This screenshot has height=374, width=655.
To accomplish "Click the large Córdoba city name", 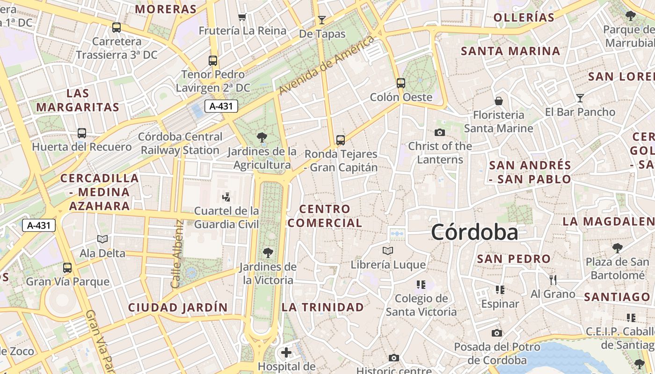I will click(x=474, y=232).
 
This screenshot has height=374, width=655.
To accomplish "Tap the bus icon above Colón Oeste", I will click(x=401, y=83).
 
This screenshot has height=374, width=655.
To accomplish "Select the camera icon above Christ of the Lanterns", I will click(x=440, y=132).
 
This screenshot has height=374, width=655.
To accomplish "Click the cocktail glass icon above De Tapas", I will click(x=322, y=20).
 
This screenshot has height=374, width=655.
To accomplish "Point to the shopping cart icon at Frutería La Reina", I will click(x=242, y=17).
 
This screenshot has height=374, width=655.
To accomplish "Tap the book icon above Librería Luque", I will click(x=388, y=251).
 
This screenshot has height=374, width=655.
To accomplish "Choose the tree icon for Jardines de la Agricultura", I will click(x=262, y=137).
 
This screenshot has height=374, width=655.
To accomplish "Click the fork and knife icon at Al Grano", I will click(x=553, y=280).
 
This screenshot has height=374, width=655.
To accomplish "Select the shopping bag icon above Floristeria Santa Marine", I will click(x=499, y=101).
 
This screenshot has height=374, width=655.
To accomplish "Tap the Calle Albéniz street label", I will click(x=176, y=253).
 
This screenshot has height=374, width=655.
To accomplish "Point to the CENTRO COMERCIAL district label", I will click(x=325, y=216).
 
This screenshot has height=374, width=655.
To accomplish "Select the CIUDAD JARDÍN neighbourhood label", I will click(x=178, y=308).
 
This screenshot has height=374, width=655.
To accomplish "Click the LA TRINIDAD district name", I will click(x=322, y=307).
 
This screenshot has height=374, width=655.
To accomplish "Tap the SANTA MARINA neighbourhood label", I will click(x=510, y=51).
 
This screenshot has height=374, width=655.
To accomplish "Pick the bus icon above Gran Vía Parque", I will click(x=67, y=268).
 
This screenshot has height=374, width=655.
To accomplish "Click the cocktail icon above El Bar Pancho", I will click(x=580, y=98).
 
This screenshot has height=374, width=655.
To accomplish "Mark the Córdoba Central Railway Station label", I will click(x=180, y=144).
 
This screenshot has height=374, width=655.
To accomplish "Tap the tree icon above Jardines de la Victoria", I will click(x=268, y=253).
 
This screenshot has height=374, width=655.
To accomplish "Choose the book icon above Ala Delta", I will click(x=102, y=239).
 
